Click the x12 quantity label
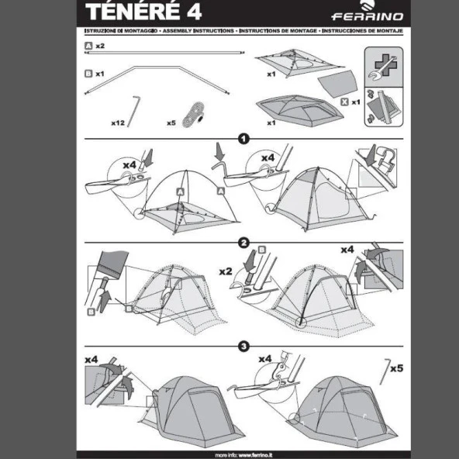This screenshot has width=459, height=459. [x=118, y=123]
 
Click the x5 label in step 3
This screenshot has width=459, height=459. [x=396, y=368]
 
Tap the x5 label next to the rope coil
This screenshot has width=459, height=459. [x=171, y=123]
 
